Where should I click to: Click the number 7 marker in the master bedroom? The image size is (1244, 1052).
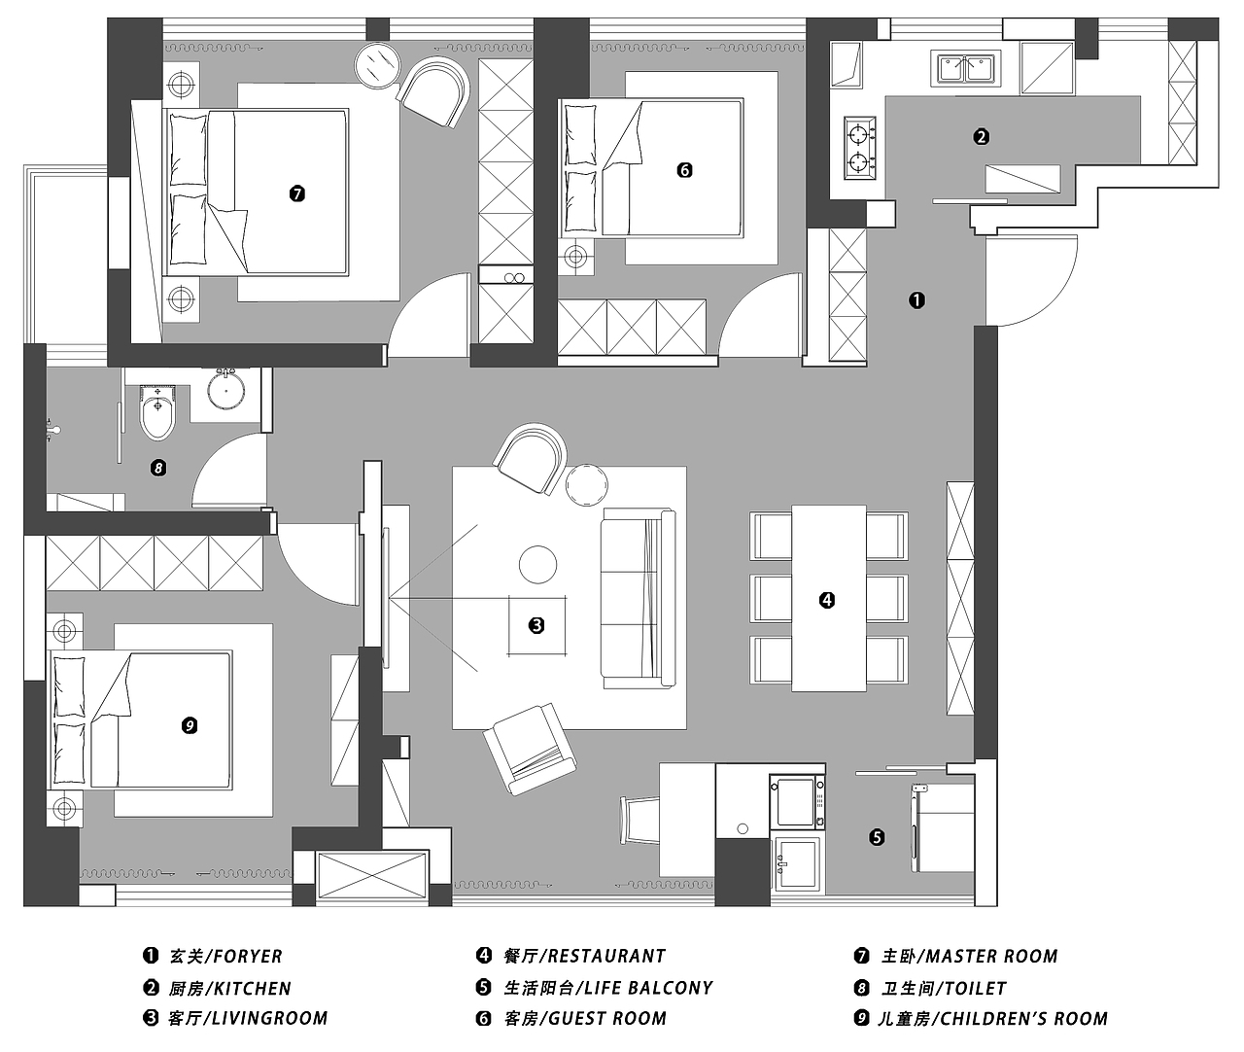click(296, 193)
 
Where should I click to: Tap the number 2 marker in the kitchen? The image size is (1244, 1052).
click(981, 137)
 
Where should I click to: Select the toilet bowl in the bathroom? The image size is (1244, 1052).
click(157, 412)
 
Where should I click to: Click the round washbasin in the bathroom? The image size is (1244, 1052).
click(225, 392)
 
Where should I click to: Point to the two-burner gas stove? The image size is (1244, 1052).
click(859, 148)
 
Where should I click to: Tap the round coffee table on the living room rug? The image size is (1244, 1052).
click(537, 564)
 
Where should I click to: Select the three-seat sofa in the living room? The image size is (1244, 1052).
click(638, 598)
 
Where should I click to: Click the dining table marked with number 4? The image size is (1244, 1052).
click(829, 598)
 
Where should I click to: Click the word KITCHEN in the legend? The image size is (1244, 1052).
click(253, 989)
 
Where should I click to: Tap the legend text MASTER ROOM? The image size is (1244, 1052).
click(991, 957)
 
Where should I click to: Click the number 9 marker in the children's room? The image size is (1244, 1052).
click(190, 725)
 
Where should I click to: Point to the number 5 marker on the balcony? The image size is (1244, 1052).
click(877, 837)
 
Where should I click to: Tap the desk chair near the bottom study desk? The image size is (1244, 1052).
click(640, 821)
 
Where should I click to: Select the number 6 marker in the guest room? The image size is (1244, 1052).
click(684, 170)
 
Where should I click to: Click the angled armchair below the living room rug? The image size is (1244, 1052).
click(530, 749)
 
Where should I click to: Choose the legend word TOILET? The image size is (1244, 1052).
click(975, 988)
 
